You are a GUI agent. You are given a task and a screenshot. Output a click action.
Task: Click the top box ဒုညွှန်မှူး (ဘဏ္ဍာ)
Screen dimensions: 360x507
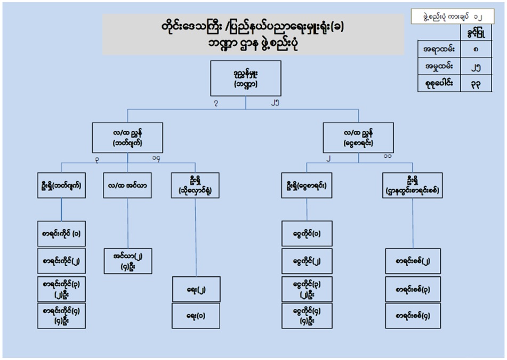tap(246, 78)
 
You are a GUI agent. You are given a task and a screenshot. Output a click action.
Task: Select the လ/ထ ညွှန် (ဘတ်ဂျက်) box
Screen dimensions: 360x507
tap(127, 138)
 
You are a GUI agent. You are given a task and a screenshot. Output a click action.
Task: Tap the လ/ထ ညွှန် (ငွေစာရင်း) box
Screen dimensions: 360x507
tap(358, 138)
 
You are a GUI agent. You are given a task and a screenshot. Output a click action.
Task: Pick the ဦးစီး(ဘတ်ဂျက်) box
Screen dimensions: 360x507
tap(61, 186)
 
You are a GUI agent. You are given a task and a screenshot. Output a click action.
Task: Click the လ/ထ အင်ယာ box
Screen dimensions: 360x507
tap(127, 186)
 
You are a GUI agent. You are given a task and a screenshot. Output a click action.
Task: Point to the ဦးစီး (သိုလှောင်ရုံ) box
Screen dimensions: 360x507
tap(195, 186)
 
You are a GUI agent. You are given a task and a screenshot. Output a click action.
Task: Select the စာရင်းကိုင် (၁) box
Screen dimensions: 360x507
tap(61, 233)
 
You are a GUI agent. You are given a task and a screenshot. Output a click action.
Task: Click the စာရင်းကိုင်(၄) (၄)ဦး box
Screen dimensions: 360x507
tap(61, 315)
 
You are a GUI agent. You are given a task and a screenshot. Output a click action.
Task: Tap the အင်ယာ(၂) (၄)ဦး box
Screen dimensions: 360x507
tap(127, 261)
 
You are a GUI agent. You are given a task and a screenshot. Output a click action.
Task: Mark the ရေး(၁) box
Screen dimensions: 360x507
tap(195, 316)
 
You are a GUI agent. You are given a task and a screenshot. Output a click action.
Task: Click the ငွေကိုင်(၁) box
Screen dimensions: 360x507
tap(307, 233)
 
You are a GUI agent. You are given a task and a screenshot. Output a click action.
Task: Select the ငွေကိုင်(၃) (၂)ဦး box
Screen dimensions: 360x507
tap(307, 288)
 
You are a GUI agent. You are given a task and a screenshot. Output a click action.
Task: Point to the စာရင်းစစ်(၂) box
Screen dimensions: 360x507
tap(413, 261)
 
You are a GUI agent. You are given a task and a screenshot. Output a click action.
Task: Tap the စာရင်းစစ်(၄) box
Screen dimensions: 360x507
tap(413, 316)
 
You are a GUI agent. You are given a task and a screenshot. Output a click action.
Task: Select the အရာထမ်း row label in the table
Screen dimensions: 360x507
tap(439, 51)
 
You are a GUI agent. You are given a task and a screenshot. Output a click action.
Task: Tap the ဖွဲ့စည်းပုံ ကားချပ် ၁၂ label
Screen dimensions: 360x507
tap(456, 15)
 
